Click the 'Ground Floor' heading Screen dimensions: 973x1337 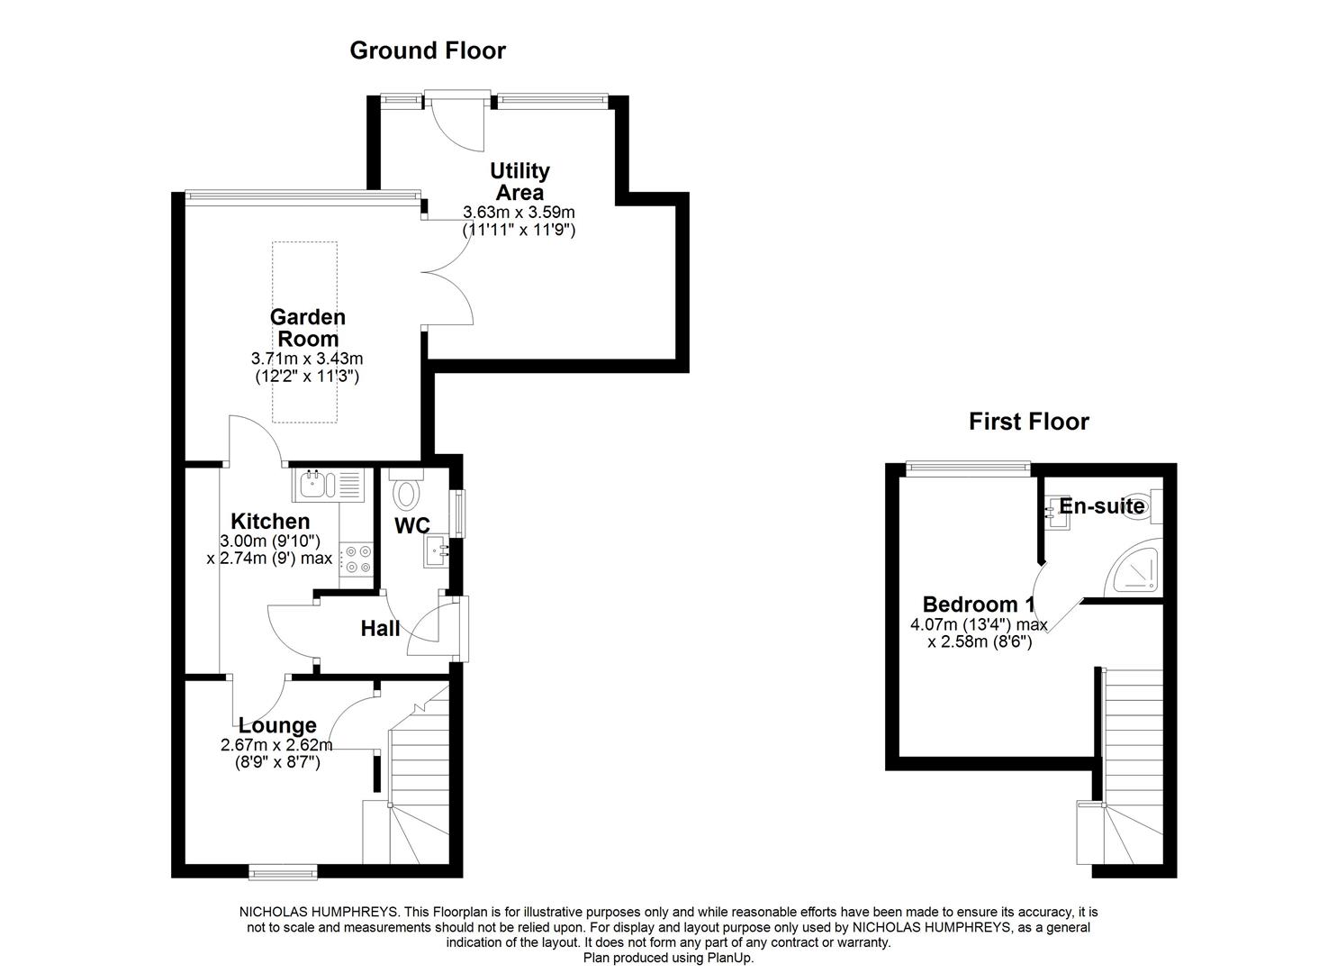pos(428,50)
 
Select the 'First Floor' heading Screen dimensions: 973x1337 pos(1028,422)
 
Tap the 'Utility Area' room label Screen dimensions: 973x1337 pos(519,181)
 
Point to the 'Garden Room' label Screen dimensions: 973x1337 pos(307,328)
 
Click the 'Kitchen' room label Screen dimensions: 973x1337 pos(270,522)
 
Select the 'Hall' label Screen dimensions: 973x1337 pos(380,629)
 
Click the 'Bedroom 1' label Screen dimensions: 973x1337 pos(979,605)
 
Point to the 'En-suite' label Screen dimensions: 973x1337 pos(1101,506)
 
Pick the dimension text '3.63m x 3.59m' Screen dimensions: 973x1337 pos(519,213)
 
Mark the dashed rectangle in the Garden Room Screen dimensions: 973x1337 pos(304,332)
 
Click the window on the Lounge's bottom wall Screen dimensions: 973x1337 pos(283,870)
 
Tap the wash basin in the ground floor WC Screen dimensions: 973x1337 pos(438,550)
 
